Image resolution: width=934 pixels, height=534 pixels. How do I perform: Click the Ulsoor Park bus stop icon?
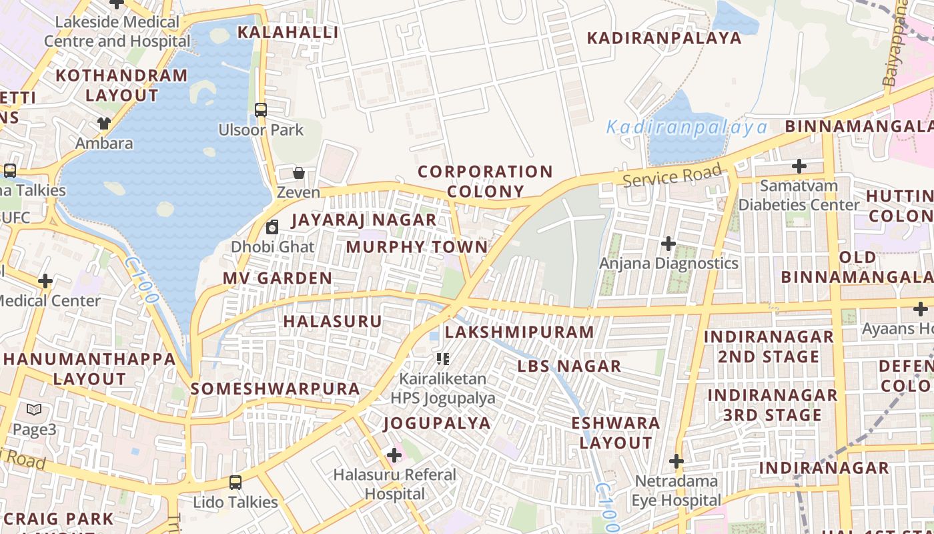click(x=261, y=110)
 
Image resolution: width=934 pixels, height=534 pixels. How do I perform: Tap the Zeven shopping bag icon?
click(x=299, y=173)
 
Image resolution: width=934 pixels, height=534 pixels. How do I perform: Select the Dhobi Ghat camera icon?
click(x=272, y=227)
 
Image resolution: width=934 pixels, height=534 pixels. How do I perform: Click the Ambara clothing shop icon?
click(x=103, y=123)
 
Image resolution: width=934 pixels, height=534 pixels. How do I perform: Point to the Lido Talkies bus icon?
click(x=235, y=482)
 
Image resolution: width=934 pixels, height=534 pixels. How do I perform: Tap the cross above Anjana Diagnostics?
click(x=668, y=244)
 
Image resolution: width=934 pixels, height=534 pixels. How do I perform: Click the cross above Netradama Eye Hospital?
click(x=676, y=461)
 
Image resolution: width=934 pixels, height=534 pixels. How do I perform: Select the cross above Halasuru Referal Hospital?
click(x=394, y=455)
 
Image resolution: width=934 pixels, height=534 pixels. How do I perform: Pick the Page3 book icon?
click(x=34, y=410)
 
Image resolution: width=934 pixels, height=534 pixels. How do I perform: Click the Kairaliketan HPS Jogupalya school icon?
click(x=442, y=359)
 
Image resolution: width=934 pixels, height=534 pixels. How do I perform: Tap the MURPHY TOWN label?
click(x=417, y=247)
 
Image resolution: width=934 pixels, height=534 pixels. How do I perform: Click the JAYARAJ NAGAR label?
click(x=364, y=220)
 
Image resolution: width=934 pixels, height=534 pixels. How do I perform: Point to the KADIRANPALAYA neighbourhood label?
click(x=664, y=38)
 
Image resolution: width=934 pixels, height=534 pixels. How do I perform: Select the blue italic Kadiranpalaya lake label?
click(x=686, y=127)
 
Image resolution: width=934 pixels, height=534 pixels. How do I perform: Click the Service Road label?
click(x=672, y=176)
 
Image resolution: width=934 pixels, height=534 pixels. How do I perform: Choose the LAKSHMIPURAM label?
click(x=519, y=332)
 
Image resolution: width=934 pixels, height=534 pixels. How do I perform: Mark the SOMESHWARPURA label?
click(x=275, y=388)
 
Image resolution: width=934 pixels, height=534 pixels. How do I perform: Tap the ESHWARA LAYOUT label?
click(x=615, y=433)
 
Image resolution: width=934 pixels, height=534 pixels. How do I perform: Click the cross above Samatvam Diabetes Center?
click(x=799, y=166)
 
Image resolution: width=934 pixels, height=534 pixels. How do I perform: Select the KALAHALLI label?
click(x=288, y=32)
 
